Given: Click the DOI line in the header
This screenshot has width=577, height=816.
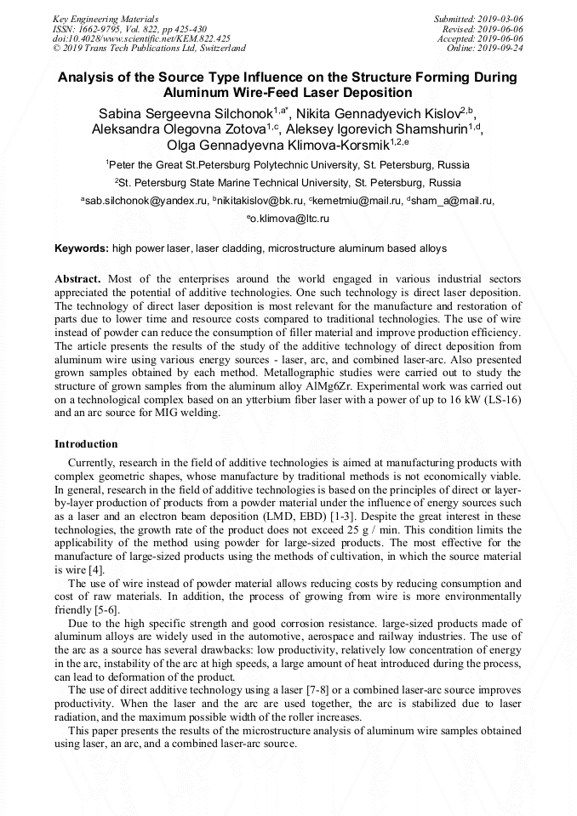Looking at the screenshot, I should coord(141,38).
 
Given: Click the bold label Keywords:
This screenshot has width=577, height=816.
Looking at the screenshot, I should coord(82,248).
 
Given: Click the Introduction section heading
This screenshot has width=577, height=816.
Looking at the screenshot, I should coord(86,444).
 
